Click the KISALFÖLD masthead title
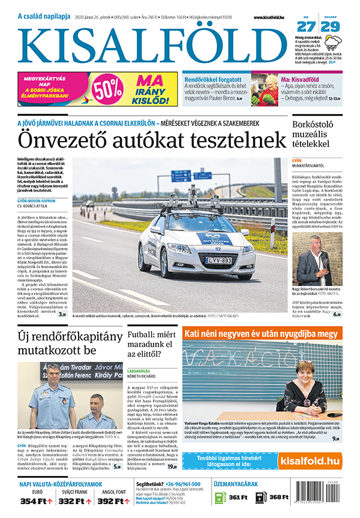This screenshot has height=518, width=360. (x=153, y=46)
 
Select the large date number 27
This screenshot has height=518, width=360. (x=305, y=26)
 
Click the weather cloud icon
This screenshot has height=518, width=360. (x=333, y=41)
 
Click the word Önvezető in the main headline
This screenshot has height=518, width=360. (x=67, y=139)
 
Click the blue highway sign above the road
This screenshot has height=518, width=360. (x=181, y=176)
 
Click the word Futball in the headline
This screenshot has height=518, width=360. (x=144, y=331)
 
